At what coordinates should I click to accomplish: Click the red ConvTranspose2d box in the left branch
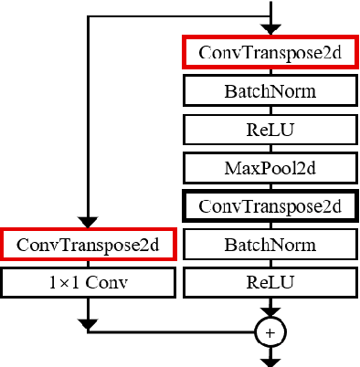(87, 245)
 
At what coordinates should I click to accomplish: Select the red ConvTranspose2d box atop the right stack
(269, 53)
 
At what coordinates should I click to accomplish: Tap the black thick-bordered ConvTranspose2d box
(269, 206)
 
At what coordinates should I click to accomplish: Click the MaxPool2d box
(269, 167)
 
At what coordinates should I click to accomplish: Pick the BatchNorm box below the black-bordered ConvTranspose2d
(269, 245)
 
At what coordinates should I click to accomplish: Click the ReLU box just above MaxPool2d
(269, 129)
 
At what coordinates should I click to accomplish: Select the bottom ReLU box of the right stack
(269, 282)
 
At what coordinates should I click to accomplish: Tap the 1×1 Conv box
(87, 282)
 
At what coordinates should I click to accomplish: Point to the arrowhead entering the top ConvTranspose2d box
(270, 31)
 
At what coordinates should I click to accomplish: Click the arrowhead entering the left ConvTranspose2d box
(87, 223)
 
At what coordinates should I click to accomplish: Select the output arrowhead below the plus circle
(270, 361)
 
